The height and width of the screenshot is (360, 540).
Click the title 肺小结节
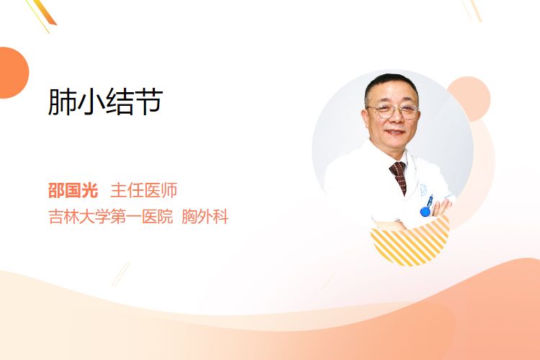tap(105, 102)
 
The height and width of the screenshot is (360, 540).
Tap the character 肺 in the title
tap(62, 102)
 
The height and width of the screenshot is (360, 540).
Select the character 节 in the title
tap(149, 102)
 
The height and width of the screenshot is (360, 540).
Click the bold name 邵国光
tap(73, 190)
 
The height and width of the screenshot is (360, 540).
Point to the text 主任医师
tap(144, 190)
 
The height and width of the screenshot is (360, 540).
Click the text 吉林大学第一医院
tap(111, 217)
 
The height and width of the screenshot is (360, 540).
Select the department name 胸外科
tap(205, 217)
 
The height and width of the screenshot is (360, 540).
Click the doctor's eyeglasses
tap(393, 111)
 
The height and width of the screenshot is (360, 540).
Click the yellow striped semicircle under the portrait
tap(410, 243)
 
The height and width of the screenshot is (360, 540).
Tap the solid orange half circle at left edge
tap(14, 73)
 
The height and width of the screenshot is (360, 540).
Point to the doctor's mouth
tap(395, 132)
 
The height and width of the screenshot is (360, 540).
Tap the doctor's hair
tap(390, 84)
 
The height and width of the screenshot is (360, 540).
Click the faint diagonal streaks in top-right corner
tap(472, 10)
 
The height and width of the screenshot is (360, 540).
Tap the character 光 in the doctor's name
tap(90, 190)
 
